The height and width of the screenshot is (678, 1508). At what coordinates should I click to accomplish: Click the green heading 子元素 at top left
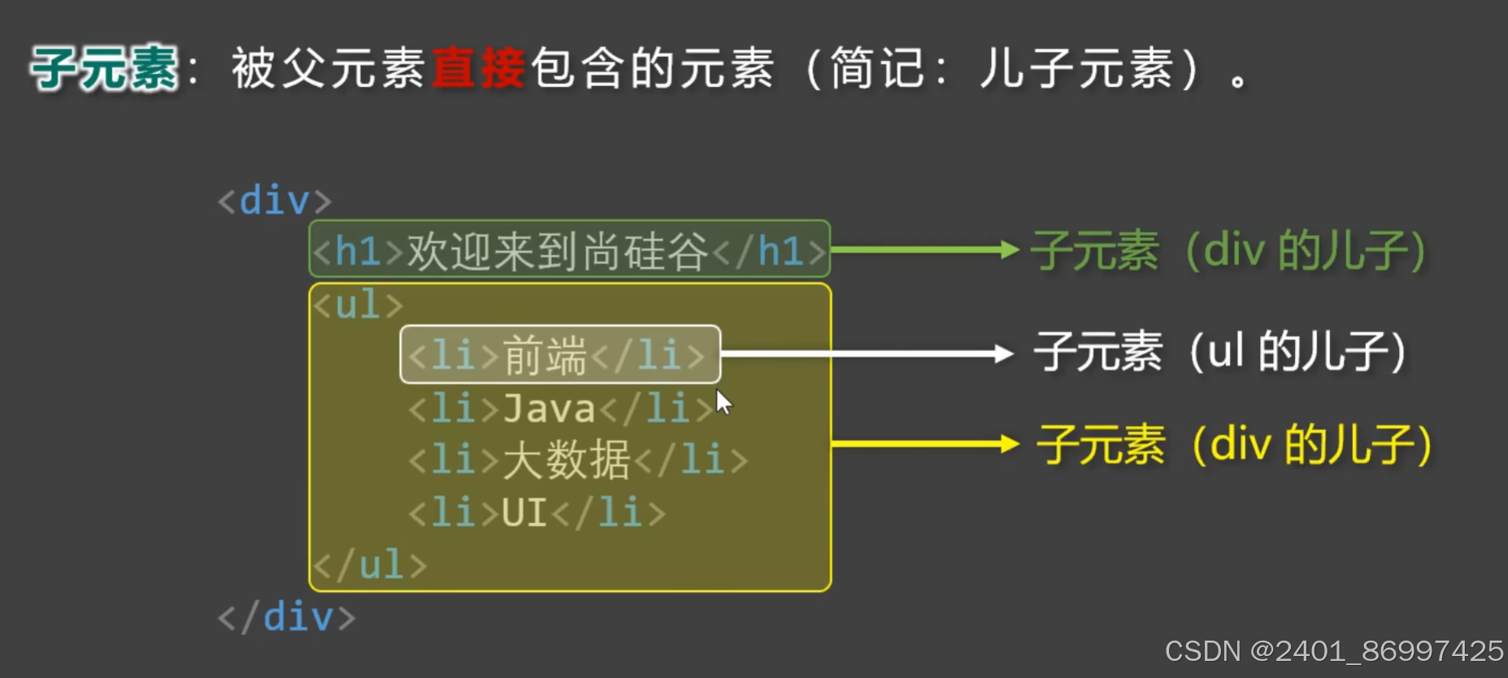point(104,68)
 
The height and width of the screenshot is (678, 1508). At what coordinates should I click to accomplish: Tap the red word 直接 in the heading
point(479,68)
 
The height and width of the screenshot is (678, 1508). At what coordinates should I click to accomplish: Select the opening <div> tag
point(275,201)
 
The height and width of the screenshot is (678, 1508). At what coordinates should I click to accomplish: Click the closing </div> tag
point(287,618)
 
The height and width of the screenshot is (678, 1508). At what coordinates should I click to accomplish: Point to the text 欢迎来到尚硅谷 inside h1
point(558,251)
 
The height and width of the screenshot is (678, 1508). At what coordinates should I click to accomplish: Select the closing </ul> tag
point(370,565)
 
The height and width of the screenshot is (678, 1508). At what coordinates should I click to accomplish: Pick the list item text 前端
point(545,356)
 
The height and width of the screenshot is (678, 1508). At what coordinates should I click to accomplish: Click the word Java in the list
point(550,408)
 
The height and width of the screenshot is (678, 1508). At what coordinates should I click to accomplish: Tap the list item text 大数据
point(566,460)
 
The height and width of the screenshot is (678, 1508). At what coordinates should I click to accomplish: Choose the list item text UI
point(524,513)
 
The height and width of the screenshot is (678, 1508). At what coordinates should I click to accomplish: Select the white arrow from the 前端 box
point(867,354)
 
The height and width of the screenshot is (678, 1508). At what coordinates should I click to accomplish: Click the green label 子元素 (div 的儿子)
point(1228,251)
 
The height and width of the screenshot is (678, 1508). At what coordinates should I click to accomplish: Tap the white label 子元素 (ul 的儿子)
point(1219,353)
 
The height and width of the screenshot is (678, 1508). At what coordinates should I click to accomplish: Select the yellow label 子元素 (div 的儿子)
point(1233,445)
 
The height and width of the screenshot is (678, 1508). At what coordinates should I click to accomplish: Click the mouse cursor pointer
point(724,402)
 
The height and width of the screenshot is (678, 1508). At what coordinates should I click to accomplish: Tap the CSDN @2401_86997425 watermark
point(1334,651)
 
